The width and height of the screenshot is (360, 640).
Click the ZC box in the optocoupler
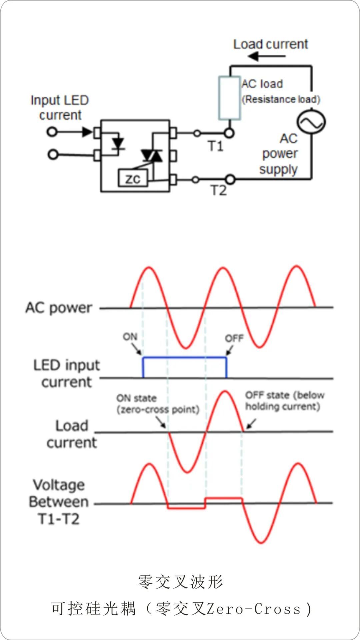pos(133,178)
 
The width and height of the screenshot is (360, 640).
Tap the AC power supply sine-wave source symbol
pos(311,122)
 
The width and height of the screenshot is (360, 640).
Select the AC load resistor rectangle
pos(229,98)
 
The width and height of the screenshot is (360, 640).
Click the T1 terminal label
pos(216,146)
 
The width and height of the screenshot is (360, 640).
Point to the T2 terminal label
pos(219,191)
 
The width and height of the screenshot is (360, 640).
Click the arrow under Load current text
pos(267,56)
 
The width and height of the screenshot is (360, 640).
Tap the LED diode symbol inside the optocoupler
pos(118,143)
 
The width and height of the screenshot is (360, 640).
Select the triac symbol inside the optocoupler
pos(152,155)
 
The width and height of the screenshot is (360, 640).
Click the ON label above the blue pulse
pos(130,337)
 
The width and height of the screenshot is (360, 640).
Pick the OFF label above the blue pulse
pos(234,338)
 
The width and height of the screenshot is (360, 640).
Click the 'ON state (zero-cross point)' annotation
pos(158,404)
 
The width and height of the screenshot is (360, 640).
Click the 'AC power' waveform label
pos(59,308)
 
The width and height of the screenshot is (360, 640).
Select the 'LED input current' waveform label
pos(67,373)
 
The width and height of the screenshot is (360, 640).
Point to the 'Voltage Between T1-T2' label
pos(59,502)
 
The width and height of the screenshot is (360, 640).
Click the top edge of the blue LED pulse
pos(185,357)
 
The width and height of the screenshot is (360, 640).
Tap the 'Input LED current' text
pos(60,107)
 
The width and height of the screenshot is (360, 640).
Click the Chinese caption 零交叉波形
pos(180,582)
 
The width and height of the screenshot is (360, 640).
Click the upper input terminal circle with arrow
pos(52,132)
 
